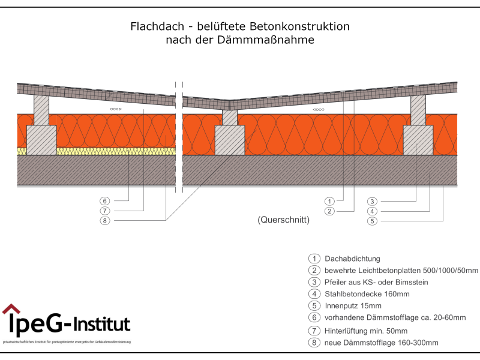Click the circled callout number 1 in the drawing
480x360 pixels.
(x=329, y=201)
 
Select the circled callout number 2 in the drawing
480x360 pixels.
(x=329, y=211)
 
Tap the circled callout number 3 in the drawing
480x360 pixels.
(x=372, y=201)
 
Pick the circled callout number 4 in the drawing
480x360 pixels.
(x=372, y=211)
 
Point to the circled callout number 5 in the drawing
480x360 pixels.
(x=372, y=221)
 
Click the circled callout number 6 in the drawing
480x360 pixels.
(x=105, y=201)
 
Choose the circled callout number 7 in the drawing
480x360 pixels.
(x=105, y=211)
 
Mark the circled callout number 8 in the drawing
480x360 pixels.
(x=105, y=221)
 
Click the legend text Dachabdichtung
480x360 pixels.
(x=352, y=259)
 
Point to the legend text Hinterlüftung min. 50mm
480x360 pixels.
(x=366, y=331)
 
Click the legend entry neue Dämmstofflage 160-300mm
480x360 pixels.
(x=381, y=343)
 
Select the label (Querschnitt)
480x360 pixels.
(x=283, y=220)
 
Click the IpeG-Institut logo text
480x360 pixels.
(x=69, y=325)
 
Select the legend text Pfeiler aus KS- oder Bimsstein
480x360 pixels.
(x=376, y=282)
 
